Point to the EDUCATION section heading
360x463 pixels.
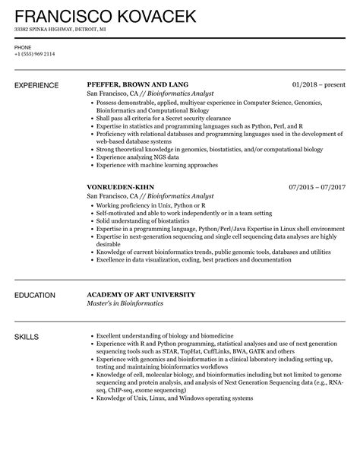point(36,294)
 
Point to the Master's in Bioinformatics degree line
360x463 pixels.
point(125,303)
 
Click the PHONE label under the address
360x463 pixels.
point(23,46)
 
